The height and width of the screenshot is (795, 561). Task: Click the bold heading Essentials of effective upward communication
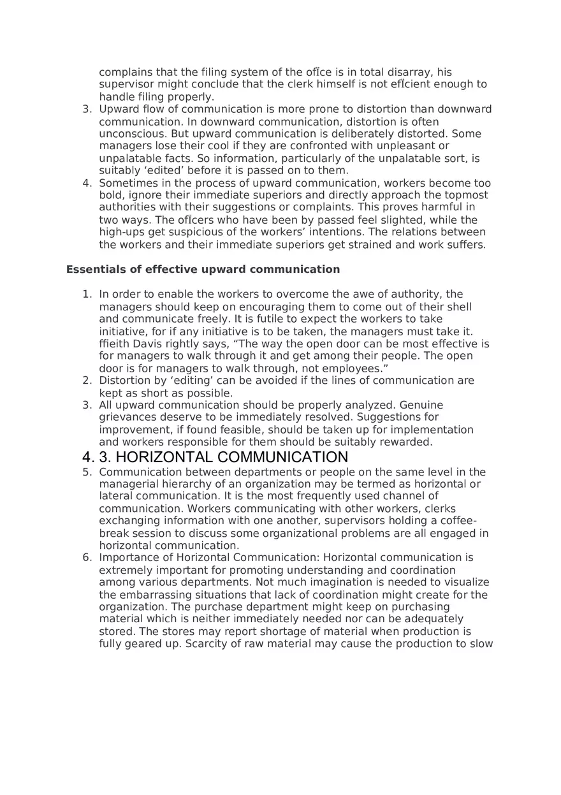click(203, 269)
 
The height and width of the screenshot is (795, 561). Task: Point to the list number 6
click(87, 558)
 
